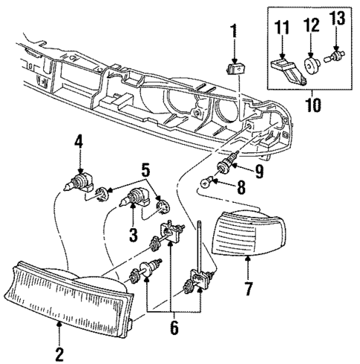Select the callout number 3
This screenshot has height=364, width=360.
tap(133, 236)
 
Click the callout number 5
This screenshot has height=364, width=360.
tap(143, 169)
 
